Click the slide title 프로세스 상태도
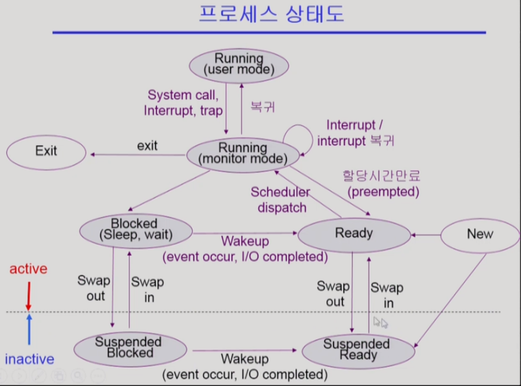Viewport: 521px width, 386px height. [271, 14]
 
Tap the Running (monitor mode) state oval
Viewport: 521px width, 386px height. [243, 153]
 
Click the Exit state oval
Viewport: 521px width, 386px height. [46, 151]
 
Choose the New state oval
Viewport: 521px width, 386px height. [480, 234]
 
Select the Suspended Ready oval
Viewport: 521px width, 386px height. [357, 349]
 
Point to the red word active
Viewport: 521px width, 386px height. [28, 270]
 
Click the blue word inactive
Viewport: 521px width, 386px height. [29, 359]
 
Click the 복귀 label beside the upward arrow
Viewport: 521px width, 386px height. [262, 107]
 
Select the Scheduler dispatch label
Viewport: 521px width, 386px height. [280, 199]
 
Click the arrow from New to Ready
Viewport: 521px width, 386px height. [426, 235]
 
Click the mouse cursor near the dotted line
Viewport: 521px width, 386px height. [380, 323]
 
